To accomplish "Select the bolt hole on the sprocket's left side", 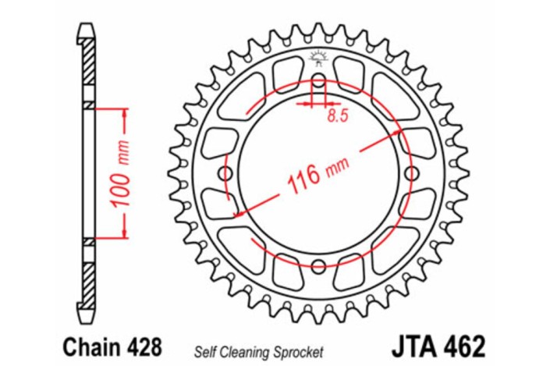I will click(226, 172).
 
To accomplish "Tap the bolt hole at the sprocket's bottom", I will click(318, 265).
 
